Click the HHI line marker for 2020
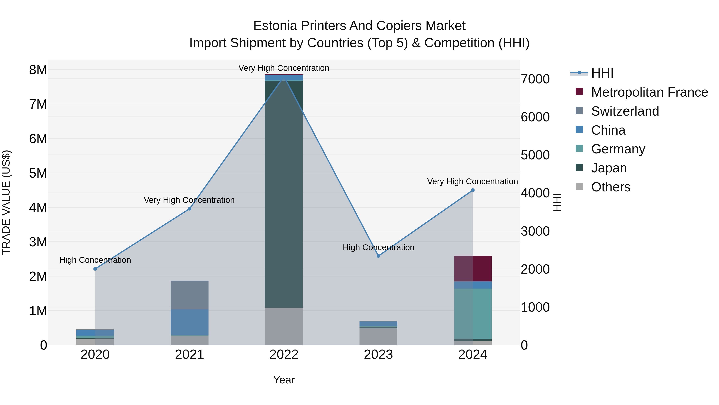pyautogui.click(x=95, y=269)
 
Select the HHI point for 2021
pyautogui.click(x=190, y=209)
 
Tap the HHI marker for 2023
pyautogui.click(x=378, y=256)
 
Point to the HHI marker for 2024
pyautogui.click(x=473, y=190)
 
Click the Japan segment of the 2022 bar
pyautogui.click(x=284, y=196)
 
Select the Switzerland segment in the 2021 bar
pyautogui.click(x=190, y=295)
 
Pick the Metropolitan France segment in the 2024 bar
pyautogui.click(x=473, y=269)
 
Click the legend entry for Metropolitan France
pyautogui.click(x=649, y=92)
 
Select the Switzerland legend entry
pyautogui.click(x=625, y=111)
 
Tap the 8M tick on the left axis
pyautogui.click(x=38, y=70)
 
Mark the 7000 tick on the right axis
pyautogui.click(x=535, y=79)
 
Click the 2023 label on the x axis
pyautogui.click(x=378, y=355)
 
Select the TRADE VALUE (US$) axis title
pyautogui.click(x=6, y=202)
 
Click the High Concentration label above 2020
pyautogui.click(x=95, y=260)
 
